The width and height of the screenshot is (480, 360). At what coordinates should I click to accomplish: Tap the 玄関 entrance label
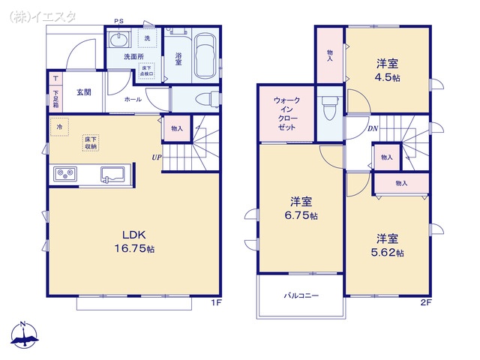83,92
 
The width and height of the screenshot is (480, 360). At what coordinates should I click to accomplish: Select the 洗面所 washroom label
133,56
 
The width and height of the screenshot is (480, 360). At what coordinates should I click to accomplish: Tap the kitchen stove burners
64,175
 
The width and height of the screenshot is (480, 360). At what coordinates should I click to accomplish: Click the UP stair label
157,157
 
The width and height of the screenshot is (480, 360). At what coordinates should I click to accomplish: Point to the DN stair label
373,128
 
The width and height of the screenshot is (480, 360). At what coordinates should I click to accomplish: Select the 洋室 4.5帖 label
388,70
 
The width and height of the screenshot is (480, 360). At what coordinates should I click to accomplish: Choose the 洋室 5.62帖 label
388,245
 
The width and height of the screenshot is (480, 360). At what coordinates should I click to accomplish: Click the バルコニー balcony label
301,295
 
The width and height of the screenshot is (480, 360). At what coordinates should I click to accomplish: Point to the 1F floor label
215,302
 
